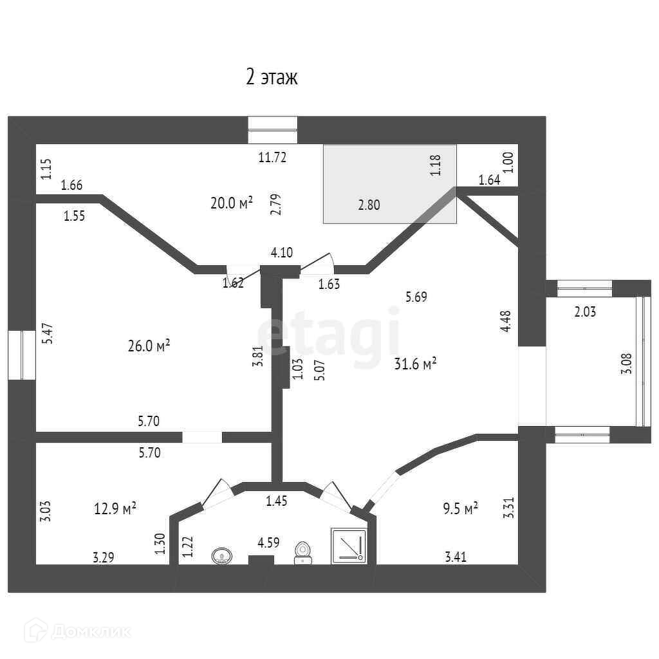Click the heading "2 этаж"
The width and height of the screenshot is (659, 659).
point(272,78)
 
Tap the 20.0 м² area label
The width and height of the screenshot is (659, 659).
point(231,203)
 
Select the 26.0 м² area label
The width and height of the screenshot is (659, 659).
point(149,346)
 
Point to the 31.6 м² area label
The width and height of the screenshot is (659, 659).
point(416,364)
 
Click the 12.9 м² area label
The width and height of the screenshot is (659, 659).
point(115,509)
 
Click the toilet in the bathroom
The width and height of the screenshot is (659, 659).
point(302,552)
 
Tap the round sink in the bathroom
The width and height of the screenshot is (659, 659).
point(222,555)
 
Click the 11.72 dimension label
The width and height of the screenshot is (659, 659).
point(272,156)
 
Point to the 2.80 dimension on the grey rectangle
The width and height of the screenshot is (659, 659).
point(369,206)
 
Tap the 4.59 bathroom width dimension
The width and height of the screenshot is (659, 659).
point(268,543)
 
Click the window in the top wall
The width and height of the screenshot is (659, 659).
point(273,129)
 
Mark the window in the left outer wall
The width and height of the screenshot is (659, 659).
point(22,355)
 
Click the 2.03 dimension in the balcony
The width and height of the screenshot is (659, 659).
point(585,313)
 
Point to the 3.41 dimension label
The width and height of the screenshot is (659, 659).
point(455,557)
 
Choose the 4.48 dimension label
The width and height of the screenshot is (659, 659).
point(506,322)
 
